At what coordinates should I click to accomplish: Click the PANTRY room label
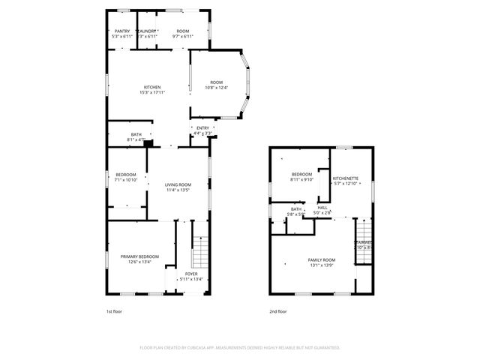click(121, 31)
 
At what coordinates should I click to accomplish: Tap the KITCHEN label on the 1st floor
click(152, 86)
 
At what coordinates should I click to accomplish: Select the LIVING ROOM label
click(178, 184)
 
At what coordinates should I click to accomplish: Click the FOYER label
click(192, 274)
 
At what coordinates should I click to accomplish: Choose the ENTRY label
click(202, 128)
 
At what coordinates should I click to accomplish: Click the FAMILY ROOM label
click(321, 259)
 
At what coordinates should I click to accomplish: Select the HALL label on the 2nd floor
click(322, 208)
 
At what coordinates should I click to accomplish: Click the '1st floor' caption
click(115, 310)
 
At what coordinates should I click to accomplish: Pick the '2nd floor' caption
click(278, 310)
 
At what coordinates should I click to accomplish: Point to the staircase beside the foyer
click(199, 251)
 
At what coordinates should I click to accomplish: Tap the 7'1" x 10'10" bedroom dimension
click(126, 180)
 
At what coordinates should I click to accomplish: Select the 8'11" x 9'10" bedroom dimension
click(301, 179)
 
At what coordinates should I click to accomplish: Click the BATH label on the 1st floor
click(136, 134)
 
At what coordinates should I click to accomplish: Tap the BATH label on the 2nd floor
click(296, 210)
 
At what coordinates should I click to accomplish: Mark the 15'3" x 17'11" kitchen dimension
click(152, 92)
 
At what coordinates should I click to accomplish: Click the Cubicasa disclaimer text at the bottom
click(240, 348)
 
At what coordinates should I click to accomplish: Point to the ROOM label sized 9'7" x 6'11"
click(184, 31)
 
